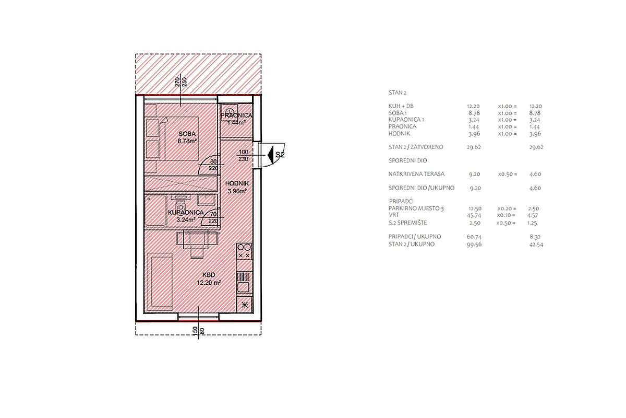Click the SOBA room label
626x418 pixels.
[187, 134]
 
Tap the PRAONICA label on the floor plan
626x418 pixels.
[236, 115]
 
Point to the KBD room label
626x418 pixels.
[209, 275]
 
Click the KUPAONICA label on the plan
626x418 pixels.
[186, 213]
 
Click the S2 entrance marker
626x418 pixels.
[280, 155]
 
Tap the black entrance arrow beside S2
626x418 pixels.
[270, 155]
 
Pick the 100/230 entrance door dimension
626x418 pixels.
[244, 155]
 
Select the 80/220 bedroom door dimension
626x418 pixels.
[213, 165]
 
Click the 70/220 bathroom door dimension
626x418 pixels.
[213, 217]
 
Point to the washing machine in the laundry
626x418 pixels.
[230, 113]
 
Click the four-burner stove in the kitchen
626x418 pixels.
[244, 251]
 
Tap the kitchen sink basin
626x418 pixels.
[243, 287]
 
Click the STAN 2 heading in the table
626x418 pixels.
[397, 92]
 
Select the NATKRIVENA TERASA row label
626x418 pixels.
[416, 174]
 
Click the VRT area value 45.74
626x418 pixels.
[474, 215]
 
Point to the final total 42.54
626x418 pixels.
[536, 245]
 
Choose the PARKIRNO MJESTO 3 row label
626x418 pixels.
[416, 208]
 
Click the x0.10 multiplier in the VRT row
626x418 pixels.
[506, 215]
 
